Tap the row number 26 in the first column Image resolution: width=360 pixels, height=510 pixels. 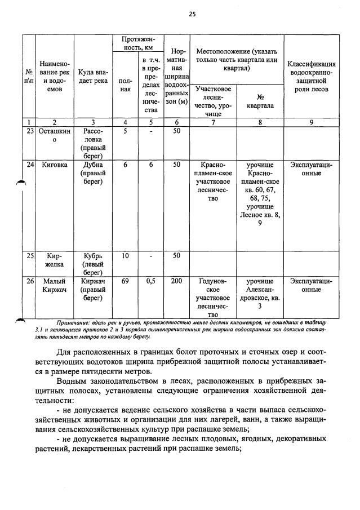point(30,281)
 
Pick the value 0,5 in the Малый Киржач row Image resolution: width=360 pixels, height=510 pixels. point(150,281)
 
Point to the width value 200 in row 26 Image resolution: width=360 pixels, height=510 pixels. point(177,281)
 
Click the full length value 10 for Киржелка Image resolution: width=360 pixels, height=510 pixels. point(125,256)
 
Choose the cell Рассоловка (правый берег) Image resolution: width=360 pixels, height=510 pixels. point(93,143)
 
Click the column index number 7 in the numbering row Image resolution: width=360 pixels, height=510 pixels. point(212,122)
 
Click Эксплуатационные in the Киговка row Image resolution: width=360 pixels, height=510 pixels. point(311,168)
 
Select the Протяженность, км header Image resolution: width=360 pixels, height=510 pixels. point(137,43)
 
